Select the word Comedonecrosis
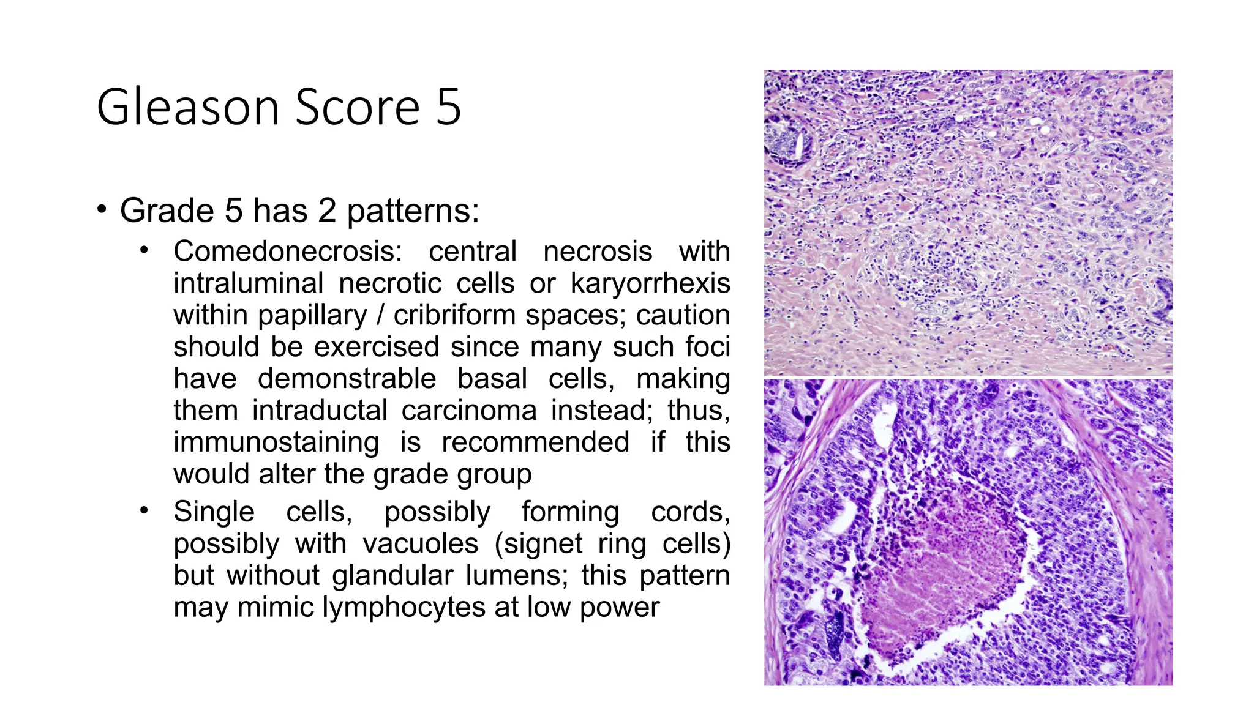(287, 252)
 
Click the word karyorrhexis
(650, 283)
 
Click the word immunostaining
(276, 442)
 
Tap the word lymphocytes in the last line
(404, 608)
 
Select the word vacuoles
(420, 543)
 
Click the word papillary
(312, 316)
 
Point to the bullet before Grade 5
(102, 209)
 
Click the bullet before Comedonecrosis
(144, 250)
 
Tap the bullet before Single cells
(144, 510)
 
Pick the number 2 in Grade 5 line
(327, 211)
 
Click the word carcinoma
(469, 410)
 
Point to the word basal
(492, 379)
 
